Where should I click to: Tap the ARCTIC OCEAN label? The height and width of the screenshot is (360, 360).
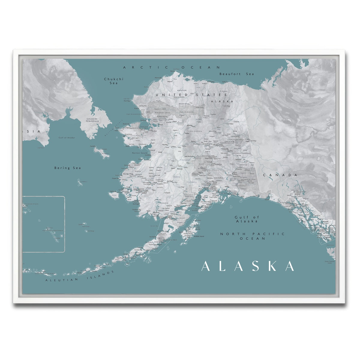click(172, 67)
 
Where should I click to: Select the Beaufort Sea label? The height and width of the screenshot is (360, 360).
click(236, 74)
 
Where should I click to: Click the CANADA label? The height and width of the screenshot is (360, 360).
click(280, 175)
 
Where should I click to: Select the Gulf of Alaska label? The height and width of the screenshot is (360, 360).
click(247, 219)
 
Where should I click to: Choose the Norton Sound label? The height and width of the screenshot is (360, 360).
click(140, 153)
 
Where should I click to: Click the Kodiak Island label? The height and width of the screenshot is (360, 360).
click(199, 236)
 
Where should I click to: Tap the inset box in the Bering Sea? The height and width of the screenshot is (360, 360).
click(43, 224)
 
